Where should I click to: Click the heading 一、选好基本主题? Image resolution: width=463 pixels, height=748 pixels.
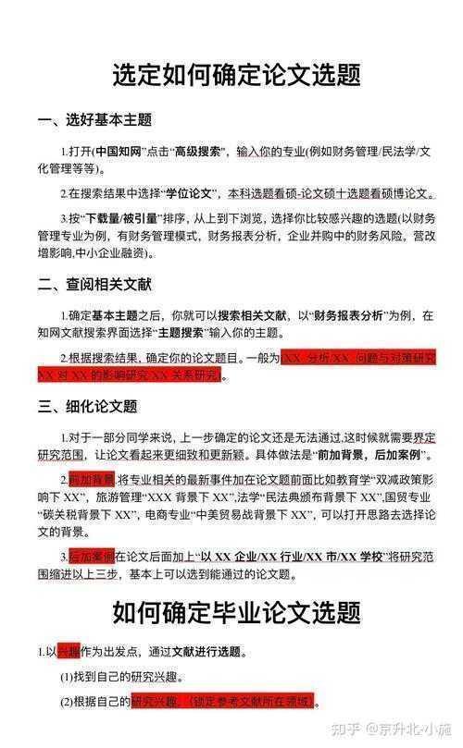tap(94, 120)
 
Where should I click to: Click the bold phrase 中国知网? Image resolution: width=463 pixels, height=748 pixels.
tap(119, 151)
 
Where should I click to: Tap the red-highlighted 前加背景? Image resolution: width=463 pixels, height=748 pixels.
tap(92, 481)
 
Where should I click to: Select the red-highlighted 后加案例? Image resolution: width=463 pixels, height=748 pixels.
tap(92, 558)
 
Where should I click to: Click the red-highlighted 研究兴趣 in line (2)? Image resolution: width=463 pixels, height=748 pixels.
tap(156, 702)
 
